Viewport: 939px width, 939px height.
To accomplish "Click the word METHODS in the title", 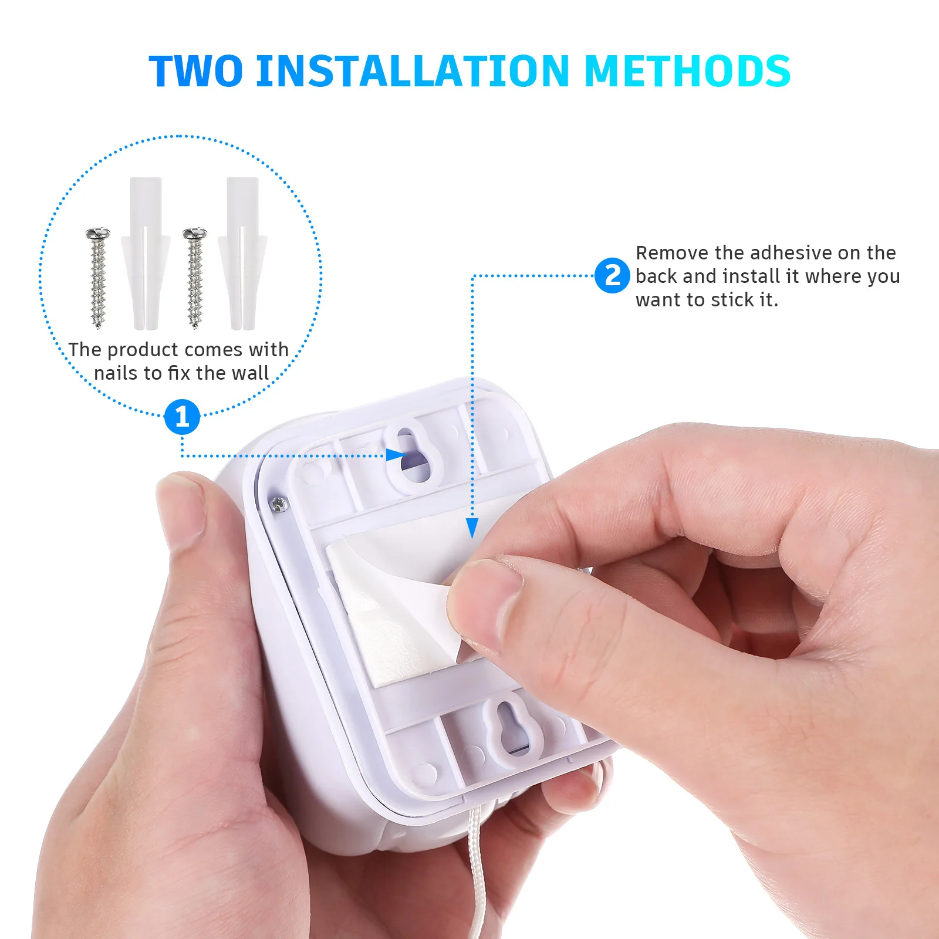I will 687,71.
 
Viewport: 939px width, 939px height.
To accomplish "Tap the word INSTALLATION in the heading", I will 413,71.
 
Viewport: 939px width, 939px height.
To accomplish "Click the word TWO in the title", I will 195,71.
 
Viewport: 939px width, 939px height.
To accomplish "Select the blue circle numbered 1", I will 182,417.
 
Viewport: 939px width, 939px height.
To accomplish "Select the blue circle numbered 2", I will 612,275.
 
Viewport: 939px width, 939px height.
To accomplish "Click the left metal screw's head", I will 98,234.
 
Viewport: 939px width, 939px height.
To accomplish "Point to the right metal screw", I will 195,279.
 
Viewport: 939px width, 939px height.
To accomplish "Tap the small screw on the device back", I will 279,504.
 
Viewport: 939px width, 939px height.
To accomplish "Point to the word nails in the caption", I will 116,373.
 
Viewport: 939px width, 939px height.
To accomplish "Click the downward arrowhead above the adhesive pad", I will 472,528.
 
